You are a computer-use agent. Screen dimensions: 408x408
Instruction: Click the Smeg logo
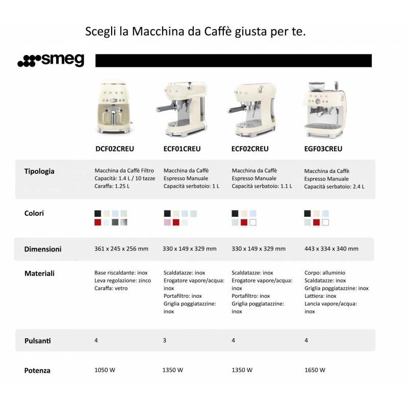(x=51, y=61)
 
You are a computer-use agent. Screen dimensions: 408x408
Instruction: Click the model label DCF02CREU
(x=114, y=149)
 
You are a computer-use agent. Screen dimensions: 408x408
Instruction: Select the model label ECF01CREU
(x=182, y=149)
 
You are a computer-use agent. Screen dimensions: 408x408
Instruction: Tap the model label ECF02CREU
(x=250, y=149)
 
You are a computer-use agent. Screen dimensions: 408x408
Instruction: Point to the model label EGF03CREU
(x=323, y=149)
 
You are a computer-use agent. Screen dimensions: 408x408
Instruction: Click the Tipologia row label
(x=39, y=171)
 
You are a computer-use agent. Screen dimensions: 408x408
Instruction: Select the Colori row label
(x=34, y=213)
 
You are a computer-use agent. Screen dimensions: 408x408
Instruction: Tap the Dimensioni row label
(x=43, y=249)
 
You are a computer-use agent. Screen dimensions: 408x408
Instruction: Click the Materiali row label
(x=39, y=273)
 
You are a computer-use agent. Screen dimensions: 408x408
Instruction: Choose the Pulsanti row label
(x=38, y=340)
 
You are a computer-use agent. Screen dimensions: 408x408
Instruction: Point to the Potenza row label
(x=37, y=370)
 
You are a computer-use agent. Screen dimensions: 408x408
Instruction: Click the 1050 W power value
(x=105, y=370)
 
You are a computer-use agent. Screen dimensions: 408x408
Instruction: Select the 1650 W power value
(x=315, y=370)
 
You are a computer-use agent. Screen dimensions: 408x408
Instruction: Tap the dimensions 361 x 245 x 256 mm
(x=121, y=249)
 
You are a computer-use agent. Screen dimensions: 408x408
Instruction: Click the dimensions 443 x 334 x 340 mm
(x=331, y=249)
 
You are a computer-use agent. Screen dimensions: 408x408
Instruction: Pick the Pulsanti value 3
(x=164, y=340)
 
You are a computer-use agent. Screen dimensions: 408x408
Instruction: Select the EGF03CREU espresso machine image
(x=323, y=108)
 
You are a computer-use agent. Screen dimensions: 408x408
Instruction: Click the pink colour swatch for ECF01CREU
(x=167, y=222)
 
